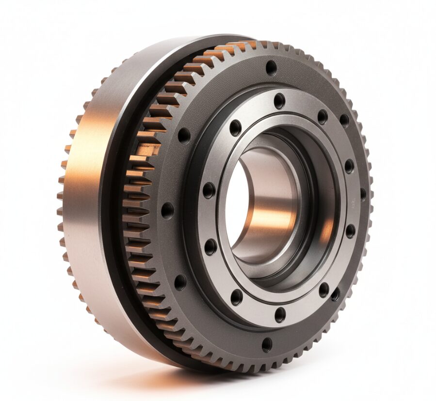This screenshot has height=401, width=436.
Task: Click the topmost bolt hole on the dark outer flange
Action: click(x=271, y=67)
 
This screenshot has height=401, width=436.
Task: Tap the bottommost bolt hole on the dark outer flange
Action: click(x=267, y=344)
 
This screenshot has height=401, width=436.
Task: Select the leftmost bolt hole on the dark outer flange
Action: click(x=167, y=210)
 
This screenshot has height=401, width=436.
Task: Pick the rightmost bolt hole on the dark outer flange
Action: click(x=363, y=194)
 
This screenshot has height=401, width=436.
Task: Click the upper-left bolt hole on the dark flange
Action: click(x=184, y=135)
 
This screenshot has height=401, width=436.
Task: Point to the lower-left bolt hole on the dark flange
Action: click(x=180, y=282)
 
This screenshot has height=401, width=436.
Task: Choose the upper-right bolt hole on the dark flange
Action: click(x=344, y=120)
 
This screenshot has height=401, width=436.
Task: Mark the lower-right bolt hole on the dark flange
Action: click(x=336, y=294)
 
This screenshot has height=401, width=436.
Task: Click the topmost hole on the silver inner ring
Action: click(x=279, y=101)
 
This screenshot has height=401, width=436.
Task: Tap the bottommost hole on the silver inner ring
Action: click(x=280, y=315)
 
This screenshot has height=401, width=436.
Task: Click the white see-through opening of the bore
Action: click(x=236, y=203)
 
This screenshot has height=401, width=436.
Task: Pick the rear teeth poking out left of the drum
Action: click(x=62, y=203)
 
